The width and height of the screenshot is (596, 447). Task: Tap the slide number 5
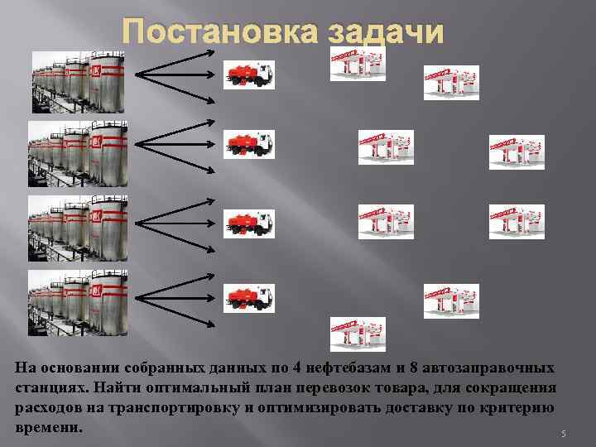[562, 434]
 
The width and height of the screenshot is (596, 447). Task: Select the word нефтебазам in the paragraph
[344, 367]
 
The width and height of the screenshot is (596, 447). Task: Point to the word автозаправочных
[488, 367]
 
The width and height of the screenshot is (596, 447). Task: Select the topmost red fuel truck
[249, 74]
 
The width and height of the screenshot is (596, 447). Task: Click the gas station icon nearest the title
[358, 63]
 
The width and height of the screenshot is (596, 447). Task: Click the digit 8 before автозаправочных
[401, 367]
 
